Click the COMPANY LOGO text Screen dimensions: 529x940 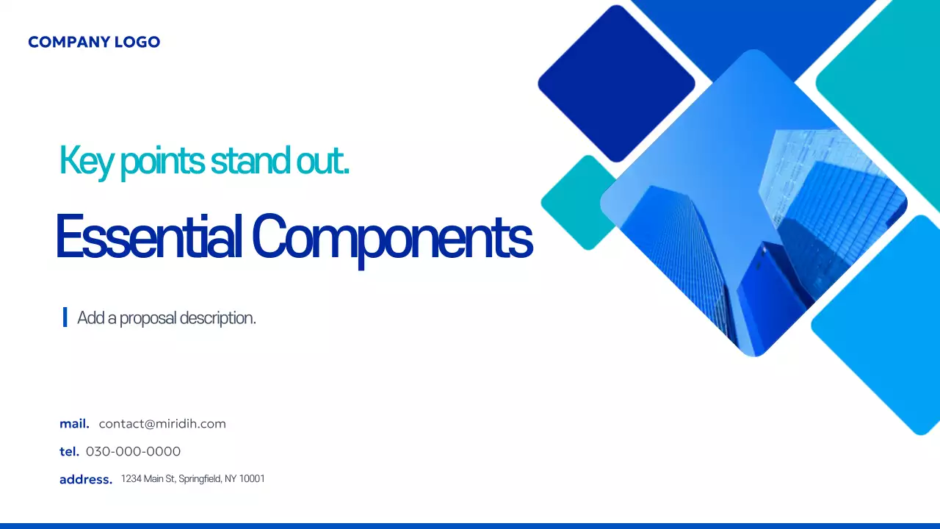tap(94, 42)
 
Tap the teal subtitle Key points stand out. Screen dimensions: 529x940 tap(203, 160)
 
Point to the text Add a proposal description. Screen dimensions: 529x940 tap(167, 318)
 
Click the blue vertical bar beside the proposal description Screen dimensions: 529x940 tap(65, 317)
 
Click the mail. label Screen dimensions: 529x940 tap(74, 424)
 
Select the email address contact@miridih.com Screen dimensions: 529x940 tap(162, 424)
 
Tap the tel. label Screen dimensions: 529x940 tap(69, 451)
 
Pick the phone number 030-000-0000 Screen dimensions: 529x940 tap(133, 451)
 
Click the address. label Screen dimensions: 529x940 tap(86, 480)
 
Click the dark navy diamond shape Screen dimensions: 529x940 tap(616, 83)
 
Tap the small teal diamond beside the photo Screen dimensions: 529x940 tap(576, 202)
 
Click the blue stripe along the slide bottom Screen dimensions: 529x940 tap(470, 525)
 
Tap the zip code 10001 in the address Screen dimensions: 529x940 tap(252, 479)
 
